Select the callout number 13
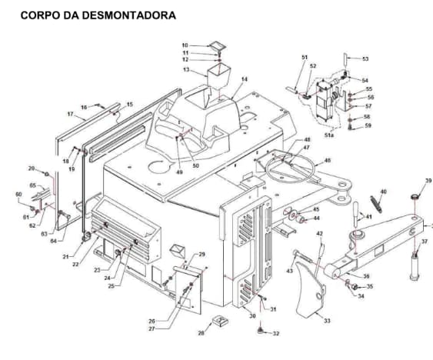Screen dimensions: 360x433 coord(185,70)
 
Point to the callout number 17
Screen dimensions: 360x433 coord(70,114)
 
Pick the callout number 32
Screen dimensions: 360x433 coord(276,333)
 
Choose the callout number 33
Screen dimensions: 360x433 coord(327,320)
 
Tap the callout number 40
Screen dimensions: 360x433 coord(383,192)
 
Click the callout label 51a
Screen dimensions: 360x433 coord(328,135)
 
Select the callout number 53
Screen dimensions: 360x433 coord(365,59)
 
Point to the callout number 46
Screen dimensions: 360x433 coord(327,161)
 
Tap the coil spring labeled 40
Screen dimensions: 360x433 coord(376,203)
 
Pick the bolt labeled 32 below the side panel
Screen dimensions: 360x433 coord(261,329)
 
